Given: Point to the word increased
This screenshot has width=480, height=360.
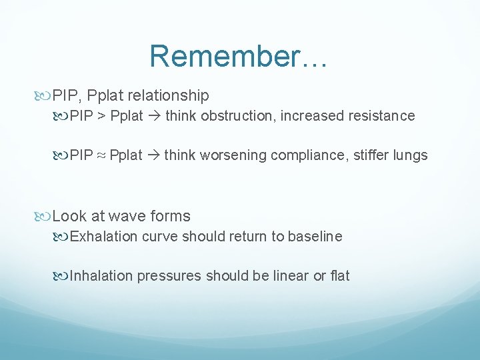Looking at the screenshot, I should coord(311,116).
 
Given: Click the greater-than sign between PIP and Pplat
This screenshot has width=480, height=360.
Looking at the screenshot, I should coord(101,116).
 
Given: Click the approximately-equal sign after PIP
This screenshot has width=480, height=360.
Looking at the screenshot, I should coord(101,156).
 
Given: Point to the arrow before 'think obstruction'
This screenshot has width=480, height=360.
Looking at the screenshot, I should coord(154,116).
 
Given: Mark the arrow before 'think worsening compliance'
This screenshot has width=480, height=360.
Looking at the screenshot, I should coord(153,156).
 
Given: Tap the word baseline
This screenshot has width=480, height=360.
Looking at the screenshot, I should coord(315,236).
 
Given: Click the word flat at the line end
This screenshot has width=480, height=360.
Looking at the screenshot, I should coord(339,276).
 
